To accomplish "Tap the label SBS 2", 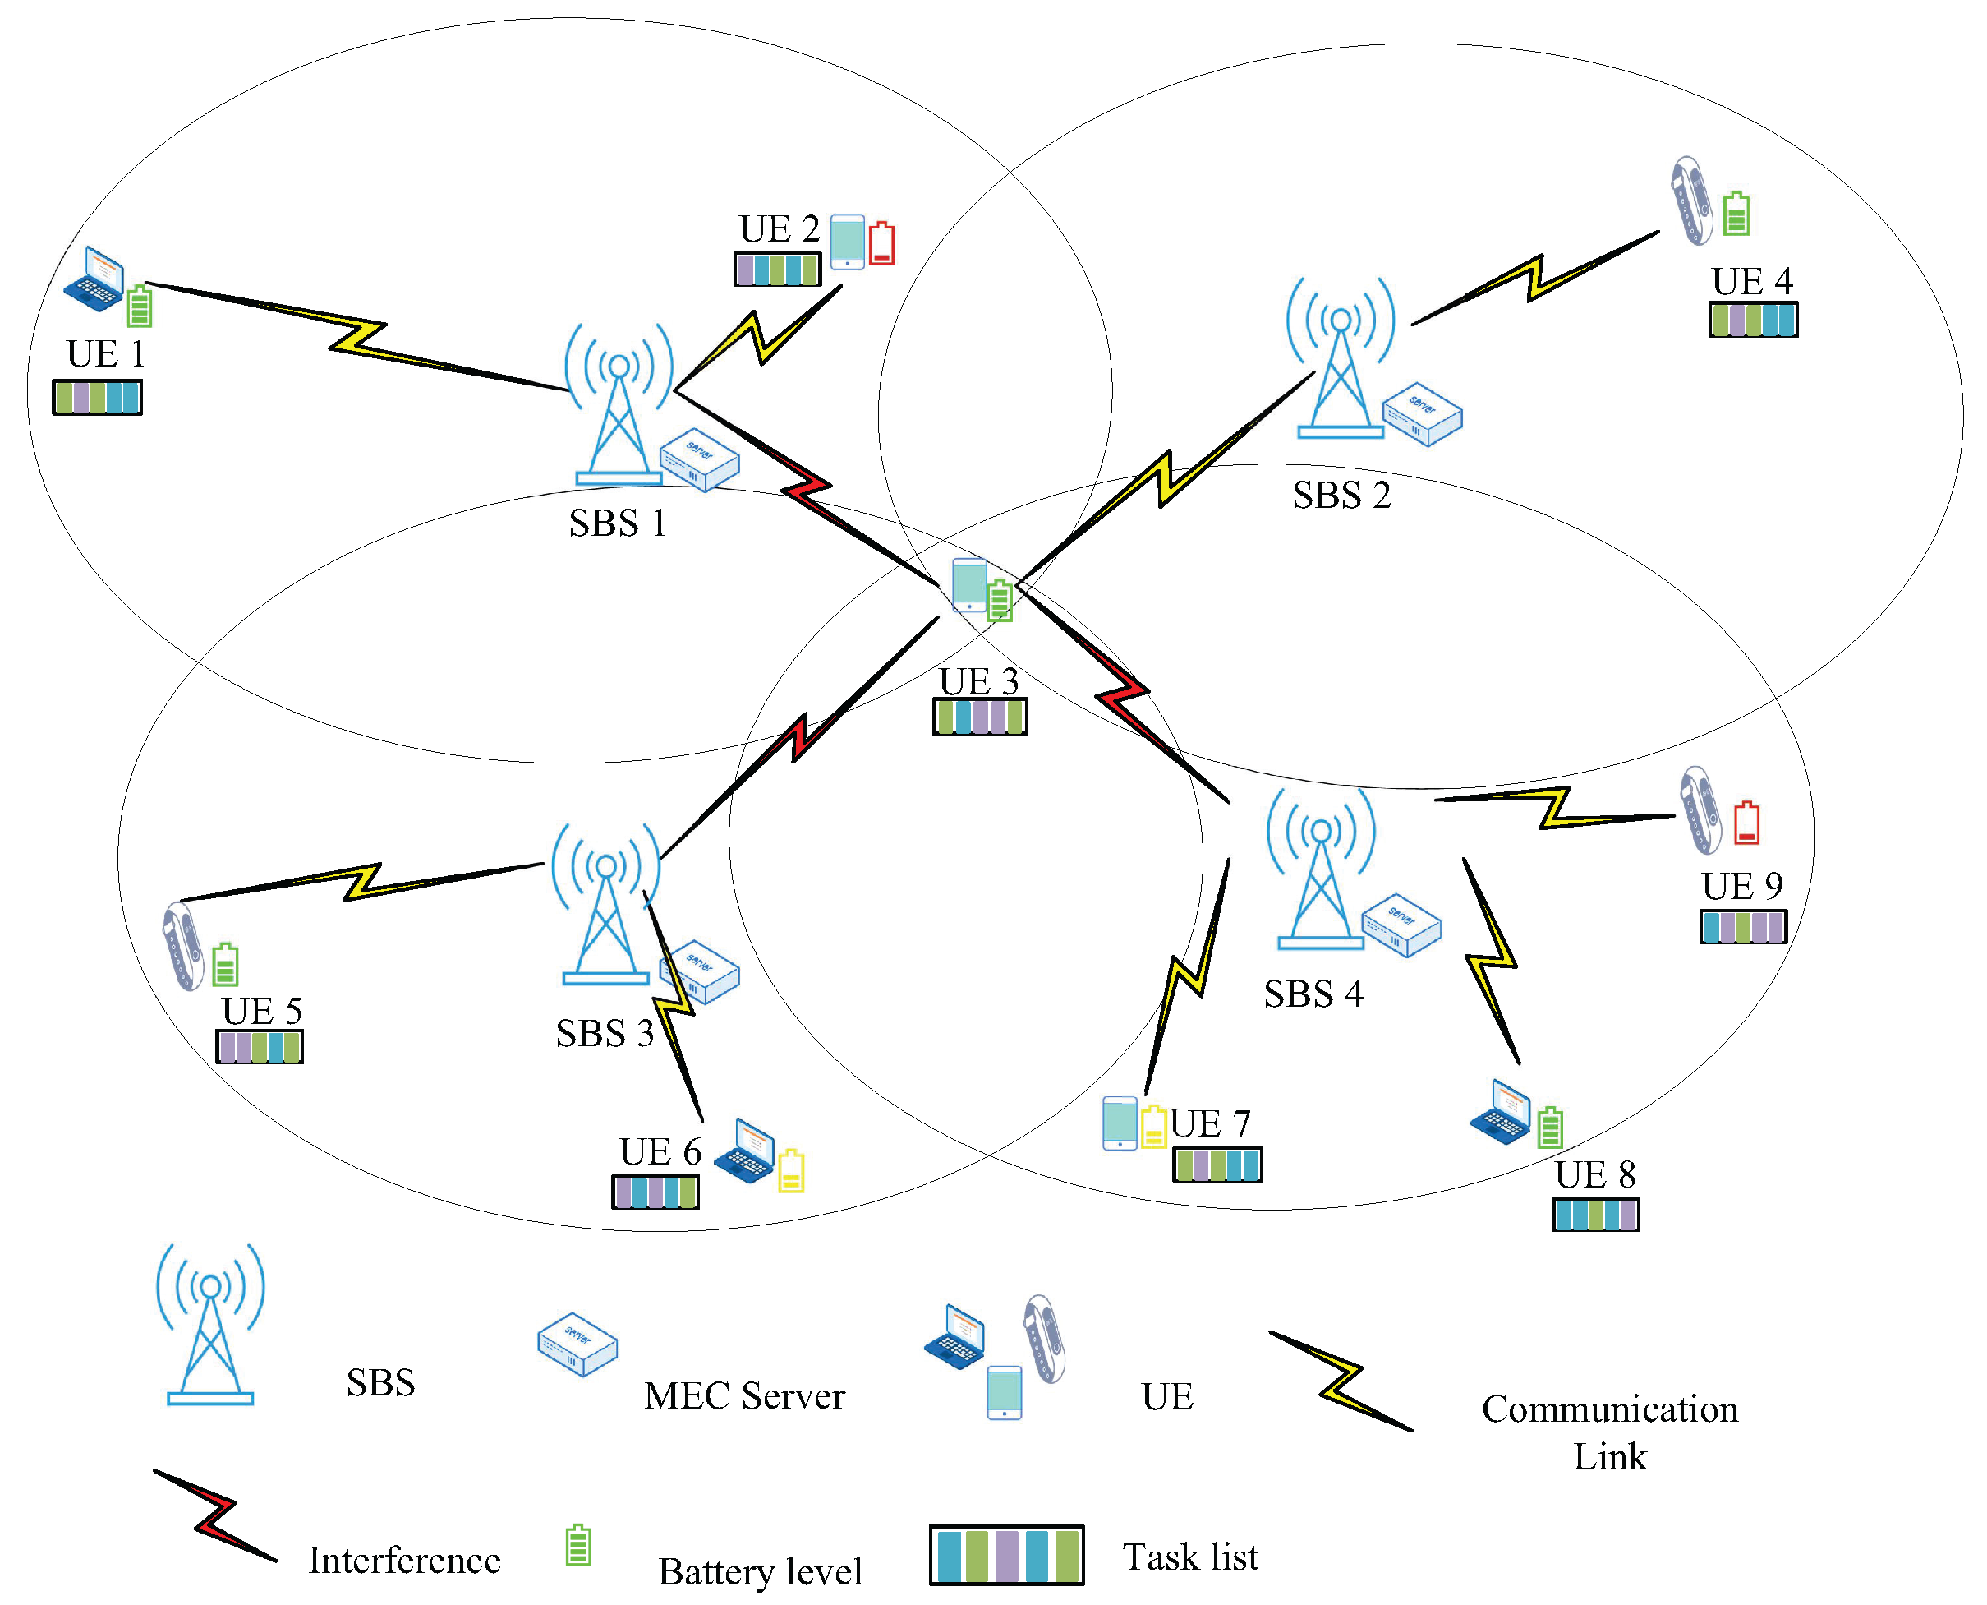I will (x=1341, y=496).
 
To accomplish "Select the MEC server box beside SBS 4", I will (x=1401, y=925).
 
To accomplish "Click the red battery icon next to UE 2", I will (x=881, y=243).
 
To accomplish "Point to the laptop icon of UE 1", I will (x=94, y=279).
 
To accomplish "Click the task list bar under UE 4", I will (x=1752, y=320).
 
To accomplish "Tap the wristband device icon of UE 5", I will (x=183, y=946).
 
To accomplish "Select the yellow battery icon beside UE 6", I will (x=791, y=1170).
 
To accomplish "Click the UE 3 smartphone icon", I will (x=969, y=584).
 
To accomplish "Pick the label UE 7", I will (x=1210, y=1124).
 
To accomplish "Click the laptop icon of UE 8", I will (x=1500, y=1112).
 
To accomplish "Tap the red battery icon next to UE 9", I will (x=1746, y=823).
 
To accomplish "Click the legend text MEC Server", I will (x=744, y=1396).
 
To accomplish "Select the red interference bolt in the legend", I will (x=214, y=1515).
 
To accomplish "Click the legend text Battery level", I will (x=760, y=1571).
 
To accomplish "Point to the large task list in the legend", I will (x=1005, y=1555).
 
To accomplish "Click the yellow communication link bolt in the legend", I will (x=1340, y=1381).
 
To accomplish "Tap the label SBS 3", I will (x=605, y=1034).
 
